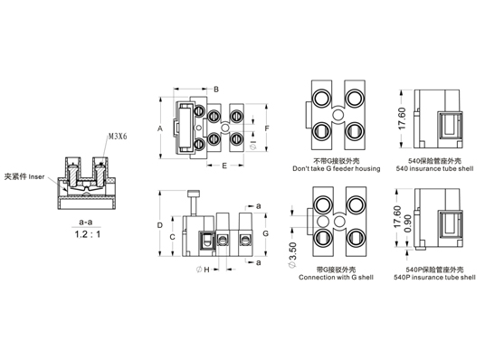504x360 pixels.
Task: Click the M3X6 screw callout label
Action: point(118,137)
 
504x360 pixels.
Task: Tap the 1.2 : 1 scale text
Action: point(88,234)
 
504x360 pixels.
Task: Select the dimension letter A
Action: point(160,128)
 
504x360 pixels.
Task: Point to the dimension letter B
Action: point(216,90)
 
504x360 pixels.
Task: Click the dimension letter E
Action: point(224,166)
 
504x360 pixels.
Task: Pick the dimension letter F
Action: point(267,128)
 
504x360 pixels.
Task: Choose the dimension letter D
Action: point(160,225)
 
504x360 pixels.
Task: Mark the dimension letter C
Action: point(172,237)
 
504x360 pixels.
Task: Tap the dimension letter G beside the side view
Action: point(265,233)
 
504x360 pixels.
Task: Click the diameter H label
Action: point(204,270)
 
